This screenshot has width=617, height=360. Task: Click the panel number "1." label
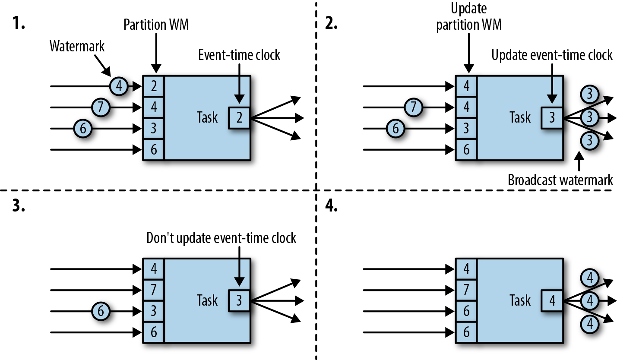point(19,25)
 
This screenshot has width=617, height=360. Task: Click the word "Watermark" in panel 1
point(77,47)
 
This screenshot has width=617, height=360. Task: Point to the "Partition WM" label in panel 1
point(156,25)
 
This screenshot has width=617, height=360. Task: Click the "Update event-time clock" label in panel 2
point(552,55)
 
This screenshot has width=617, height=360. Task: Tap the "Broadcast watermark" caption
point(560,180)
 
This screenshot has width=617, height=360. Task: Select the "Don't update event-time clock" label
point(221,238)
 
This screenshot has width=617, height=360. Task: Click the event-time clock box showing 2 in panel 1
point(239,117)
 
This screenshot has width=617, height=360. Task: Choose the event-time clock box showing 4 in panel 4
point(552,300)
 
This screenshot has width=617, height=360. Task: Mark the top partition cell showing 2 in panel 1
point(154,86)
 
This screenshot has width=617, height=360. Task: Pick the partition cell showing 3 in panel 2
point(466,128)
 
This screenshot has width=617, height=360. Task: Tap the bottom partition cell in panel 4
point(466,332)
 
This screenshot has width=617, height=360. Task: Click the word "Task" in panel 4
point(520,300)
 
